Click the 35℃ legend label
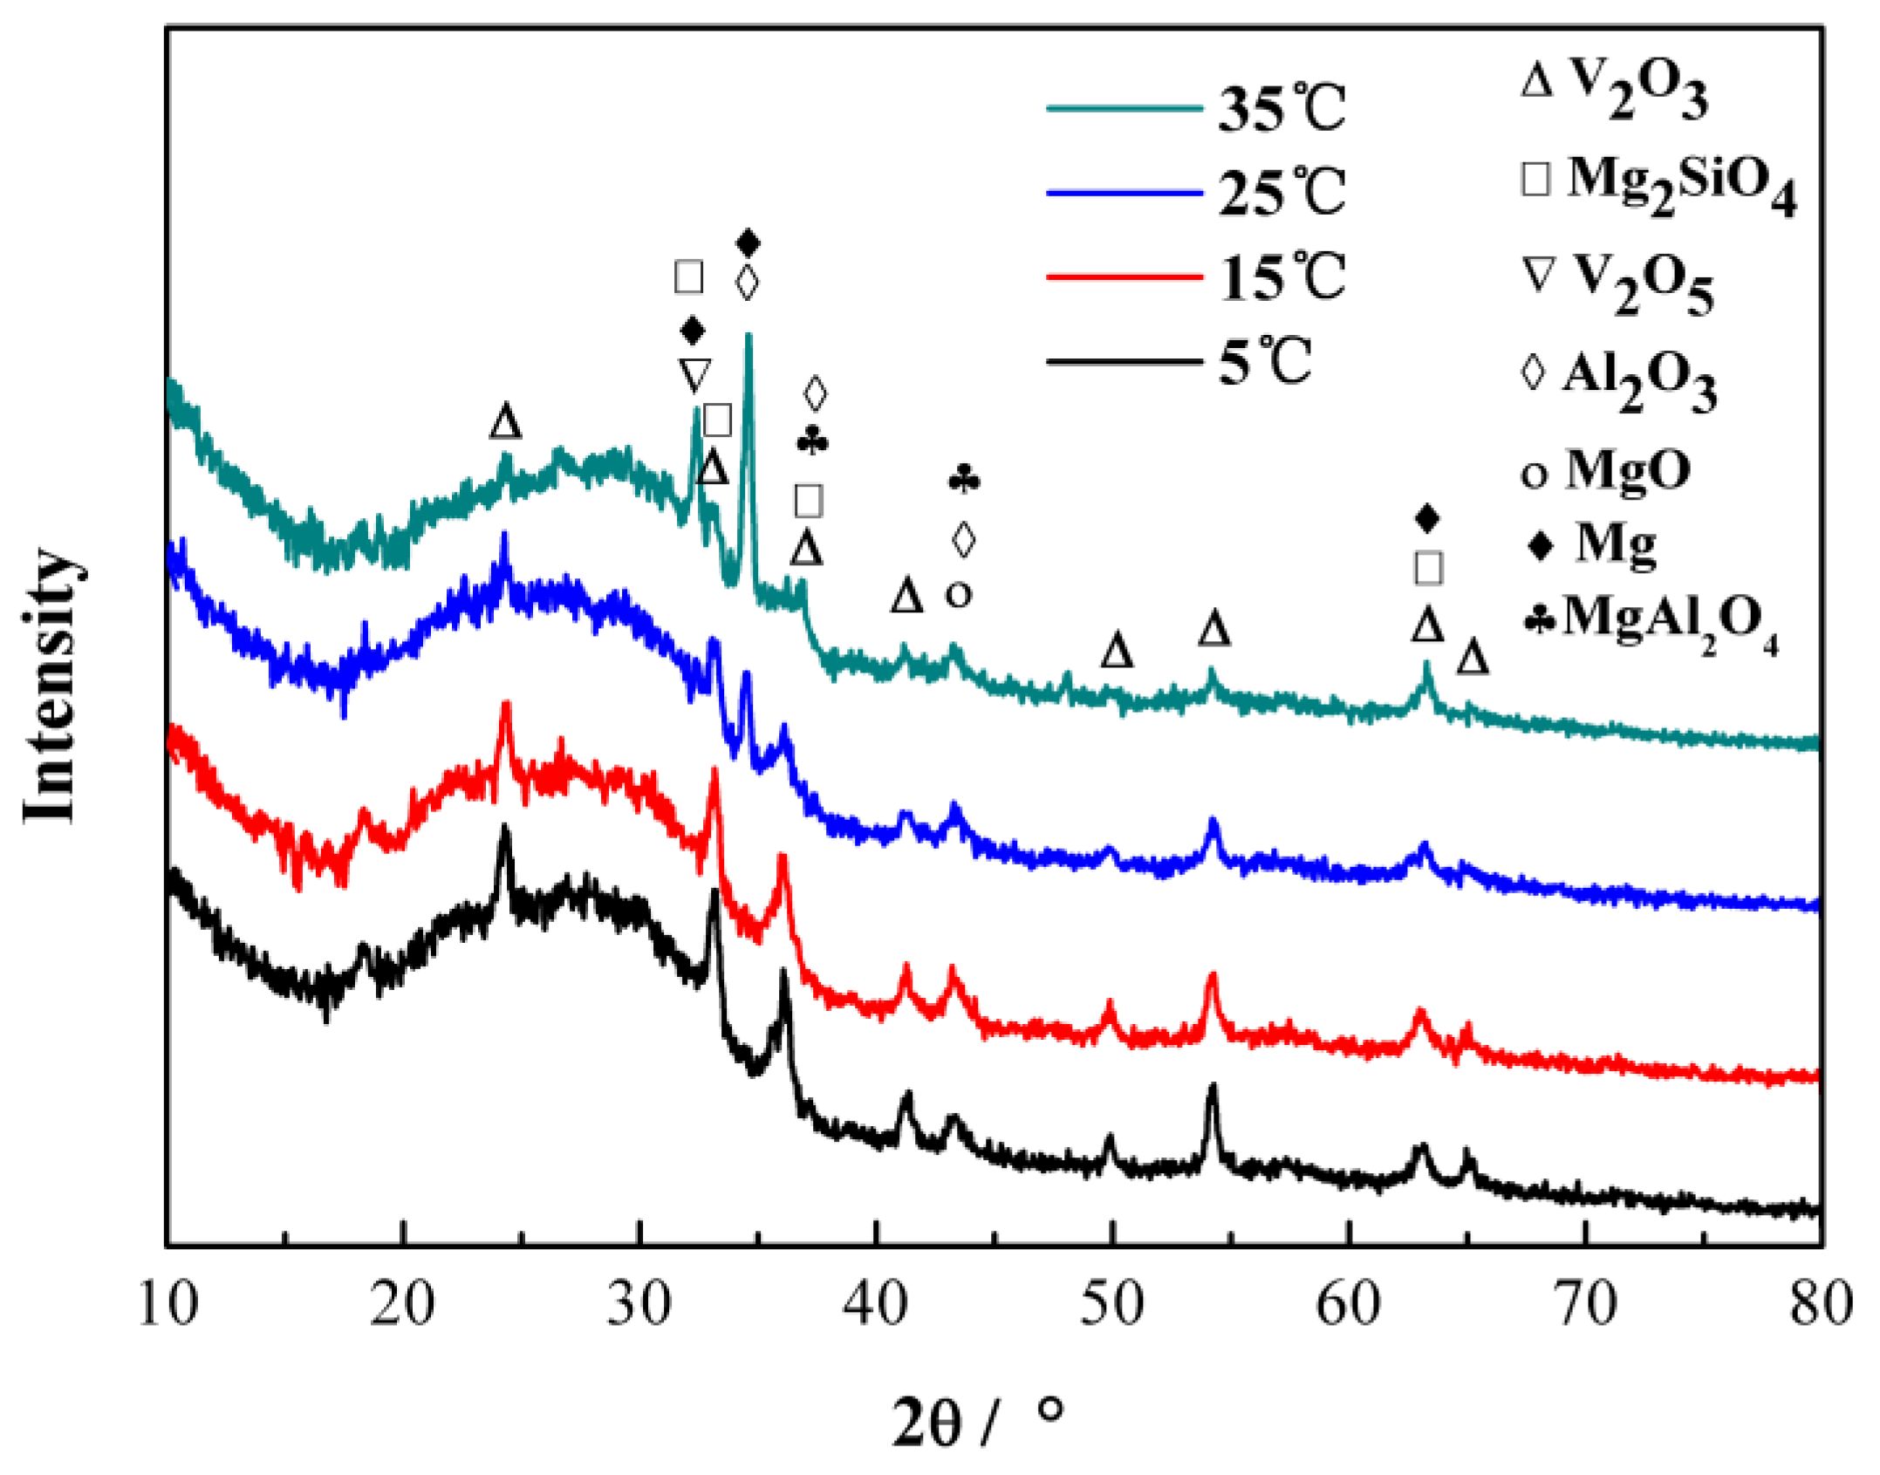tap(1281, 109)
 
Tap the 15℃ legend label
tap(1281, 277)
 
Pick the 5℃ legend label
tap(1265, 361)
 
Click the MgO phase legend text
tap(1628, 470)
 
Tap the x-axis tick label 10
tap(167, 1305)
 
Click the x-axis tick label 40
tap(875, 1305)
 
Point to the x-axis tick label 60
tap(1348, 1305)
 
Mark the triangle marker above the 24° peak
tap(505, 422)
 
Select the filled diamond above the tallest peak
tap(748, 242)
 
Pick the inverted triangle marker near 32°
tap(694, 375)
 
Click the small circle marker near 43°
tap(958, 596)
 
